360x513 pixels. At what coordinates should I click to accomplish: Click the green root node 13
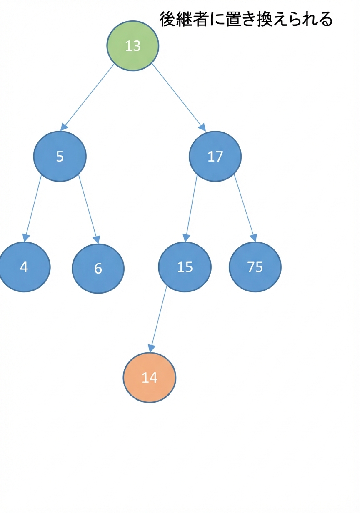[x=132, y=46]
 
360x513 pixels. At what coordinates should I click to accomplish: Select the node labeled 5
[x=60, y=157]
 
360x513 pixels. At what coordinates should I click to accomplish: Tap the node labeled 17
[x=215, y=157]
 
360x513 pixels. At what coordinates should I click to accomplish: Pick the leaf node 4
[x=24, y=267]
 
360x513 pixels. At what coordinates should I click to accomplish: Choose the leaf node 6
[x=98, y=269]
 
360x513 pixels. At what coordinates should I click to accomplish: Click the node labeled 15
[x=185, y=267]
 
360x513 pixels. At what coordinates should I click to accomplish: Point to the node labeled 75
[x=255, y=267]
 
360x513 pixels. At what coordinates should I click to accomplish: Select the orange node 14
[x=150, y=378]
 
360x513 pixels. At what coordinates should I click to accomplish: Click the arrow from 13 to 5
[x=87, y=97]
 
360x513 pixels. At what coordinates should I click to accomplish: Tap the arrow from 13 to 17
[x=179, y=97]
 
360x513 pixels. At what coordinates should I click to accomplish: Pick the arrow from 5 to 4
[x=32, y=208]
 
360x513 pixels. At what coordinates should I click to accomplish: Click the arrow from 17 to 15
[x=191, y=209]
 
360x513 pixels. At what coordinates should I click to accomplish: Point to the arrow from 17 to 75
[x=245, y=208]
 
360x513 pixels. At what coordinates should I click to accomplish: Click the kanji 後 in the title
[x=168, y=19]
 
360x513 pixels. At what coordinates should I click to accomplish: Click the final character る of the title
[x=325, y=20]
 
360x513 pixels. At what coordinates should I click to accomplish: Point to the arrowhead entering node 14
[x=151, y=349]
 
